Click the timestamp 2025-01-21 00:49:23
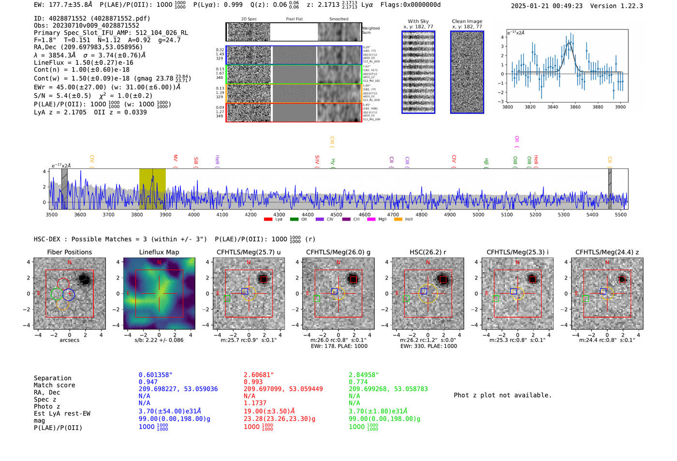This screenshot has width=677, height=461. pos(546,6)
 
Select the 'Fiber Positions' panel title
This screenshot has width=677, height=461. pos(69,252)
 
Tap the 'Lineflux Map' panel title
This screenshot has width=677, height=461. pos(159,252)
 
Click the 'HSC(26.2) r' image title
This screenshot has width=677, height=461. pos(427,252)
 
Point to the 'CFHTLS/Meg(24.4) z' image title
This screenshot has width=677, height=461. pos(607,252)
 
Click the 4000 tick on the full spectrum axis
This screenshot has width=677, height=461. pos(193,214)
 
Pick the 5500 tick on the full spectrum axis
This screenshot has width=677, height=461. pos(620,214)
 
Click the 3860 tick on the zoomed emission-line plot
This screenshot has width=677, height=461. pos(575,107)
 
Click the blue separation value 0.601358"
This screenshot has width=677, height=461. pos(155,375)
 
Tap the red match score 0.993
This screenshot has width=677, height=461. pos(253,382)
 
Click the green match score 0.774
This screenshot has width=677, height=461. pos(358,382)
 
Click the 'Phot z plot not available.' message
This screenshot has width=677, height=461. pos(502,395)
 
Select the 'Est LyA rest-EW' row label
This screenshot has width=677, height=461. pos(62,414)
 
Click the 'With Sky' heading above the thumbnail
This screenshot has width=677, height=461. pos(418,21)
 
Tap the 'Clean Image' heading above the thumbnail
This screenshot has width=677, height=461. pos(467,21)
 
